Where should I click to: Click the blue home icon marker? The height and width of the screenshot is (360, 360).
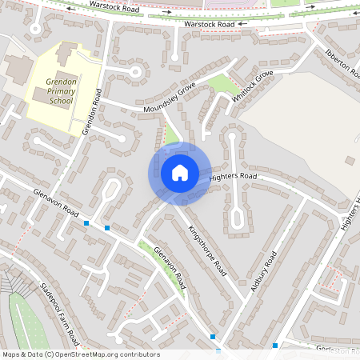[x=180, y=172]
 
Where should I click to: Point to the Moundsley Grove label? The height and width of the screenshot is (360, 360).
[x=170, y=100]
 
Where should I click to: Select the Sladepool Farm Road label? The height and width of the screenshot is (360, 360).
[x=60, y=311]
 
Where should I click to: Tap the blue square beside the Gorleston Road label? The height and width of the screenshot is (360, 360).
[x=275, y=346]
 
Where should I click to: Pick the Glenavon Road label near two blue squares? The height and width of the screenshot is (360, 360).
[x=56, y=203]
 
